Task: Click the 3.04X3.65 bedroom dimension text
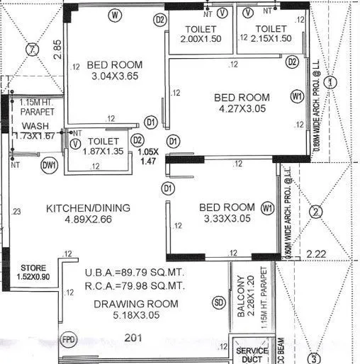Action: coord(116,78)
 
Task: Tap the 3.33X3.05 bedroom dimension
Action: coord(226,220)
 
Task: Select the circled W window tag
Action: coord(116,15)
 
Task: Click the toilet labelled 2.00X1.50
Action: coord(201,34)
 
